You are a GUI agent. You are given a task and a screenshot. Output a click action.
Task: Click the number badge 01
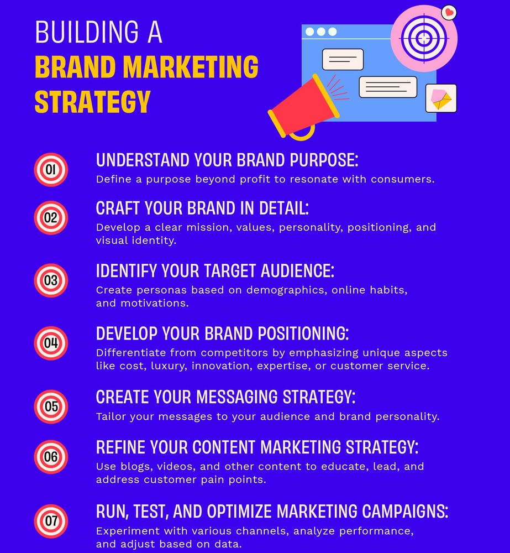pos(51,170)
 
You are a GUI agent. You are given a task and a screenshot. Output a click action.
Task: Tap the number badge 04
pos(51,343)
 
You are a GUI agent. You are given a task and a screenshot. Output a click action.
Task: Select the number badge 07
pos(51,521)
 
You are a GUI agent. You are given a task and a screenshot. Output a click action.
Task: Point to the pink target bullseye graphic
pos(424,38)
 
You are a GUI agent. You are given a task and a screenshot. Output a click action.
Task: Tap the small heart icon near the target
pos(449,13)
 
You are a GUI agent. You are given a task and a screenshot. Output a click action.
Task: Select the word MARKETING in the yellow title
pos(191,67)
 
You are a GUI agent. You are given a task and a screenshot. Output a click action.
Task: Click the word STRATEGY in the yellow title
pos(93,102)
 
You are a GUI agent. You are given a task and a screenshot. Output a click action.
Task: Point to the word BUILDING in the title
pos(87,32)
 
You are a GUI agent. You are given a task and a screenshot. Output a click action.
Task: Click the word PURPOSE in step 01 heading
pos(324,160)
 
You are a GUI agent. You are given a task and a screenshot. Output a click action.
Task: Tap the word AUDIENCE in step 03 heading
pos(297,271)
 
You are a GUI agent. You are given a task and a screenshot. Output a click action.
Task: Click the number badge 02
pos(51,217)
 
